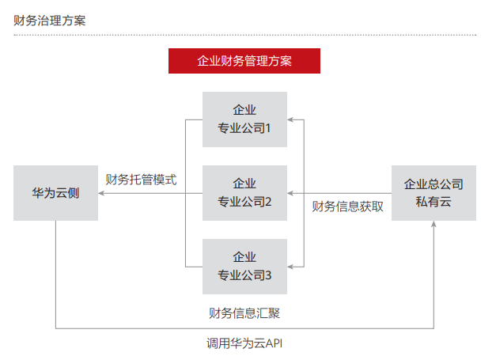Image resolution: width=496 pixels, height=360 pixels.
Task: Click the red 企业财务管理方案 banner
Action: pyautogui.click(x=244, y=61)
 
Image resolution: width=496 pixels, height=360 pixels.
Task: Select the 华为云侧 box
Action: pyautogui.click(x=55, y=192)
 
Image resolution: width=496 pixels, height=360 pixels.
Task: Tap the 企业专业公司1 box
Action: pyautogui.click(x=244, y=119)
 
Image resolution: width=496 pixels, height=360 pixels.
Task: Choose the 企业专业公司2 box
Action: pyautogui.click(x=244, y=192)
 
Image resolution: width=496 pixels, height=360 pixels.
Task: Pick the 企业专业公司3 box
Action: pyautogui.click(x=244, y=266)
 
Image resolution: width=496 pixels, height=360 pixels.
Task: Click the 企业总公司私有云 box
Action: pyautogui.click(x=434, y=192)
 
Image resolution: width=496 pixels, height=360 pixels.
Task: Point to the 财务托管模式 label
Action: pyautogui.click(x=141, y=179)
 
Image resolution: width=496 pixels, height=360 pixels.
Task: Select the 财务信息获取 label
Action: pyautogui.click(x=348, y=207)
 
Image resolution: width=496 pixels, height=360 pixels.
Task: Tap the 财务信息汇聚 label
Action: pyautogui.click(x=244, y=313)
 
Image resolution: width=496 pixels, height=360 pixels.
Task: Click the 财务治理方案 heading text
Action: pyautogui.click(x=49, y=20)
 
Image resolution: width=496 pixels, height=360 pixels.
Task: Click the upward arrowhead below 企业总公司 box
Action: pyautogui.click(x=434, y=225)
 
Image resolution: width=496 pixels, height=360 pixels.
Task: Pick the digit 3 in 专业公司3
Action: pyautogui.click(x=269, y=275)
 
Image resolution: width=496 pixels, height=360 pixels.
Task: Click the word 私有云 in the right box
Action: pyautogui.click(x=434, y=202)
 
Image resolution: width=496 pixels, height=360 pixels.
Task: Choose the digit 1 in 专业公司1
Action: pyautogui.click(x=269, y=128)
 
